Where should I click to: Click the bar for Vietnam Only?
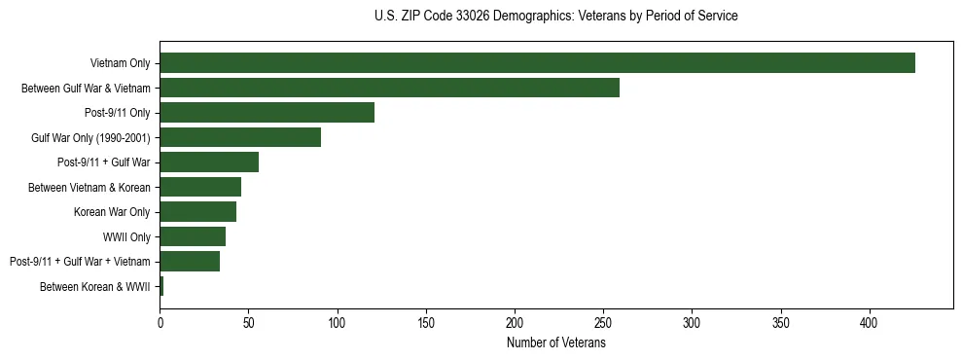click(537, 63)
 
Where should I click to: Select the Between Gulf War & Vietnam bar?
click(389, 88)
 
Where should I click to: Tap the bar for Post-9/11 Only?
click(267, 113)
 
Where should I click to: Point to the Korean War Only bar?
click(197, 211)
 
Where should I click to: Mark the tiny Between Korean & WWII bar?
click(161, 286)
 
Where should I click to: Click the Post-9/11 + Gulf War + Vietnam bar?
click(190, 261)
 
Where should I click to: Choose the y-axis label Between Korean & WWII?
click(95, 286)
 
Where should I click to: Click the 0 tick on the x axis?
click(160, 320)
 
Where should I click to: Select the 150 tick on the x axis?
click(426, 320)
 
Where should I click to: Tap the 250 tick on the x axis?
click(603, 320)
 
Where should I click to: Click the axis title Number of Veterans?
click(555, 342)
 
